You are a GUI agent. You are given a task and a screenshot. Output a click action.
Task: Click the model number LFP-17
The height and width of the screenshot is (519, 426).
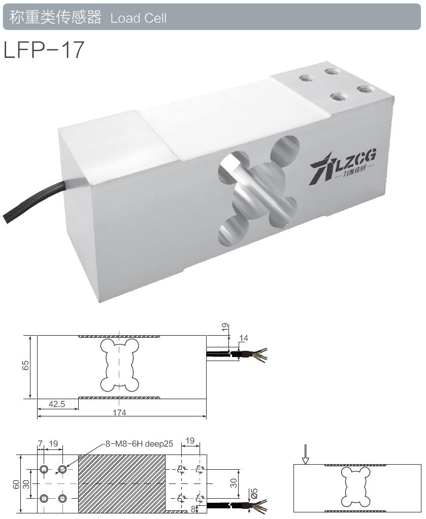coord(43,50)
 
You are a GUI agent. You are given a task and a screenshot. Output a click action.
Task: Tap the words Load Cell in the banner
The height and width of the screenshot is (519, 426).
coord(138,18)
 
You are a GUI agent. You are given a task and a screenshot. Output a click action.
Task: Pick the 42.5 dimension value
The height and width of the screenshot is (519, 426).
coord(57,404)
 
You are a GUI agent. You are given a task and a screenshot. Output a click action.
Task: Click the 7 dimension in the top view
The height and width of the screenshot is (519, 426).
coord(40,443)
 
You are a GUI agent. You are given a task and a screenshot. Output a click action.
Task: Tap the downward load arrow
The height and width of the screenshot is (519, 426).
coord(305,454)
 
